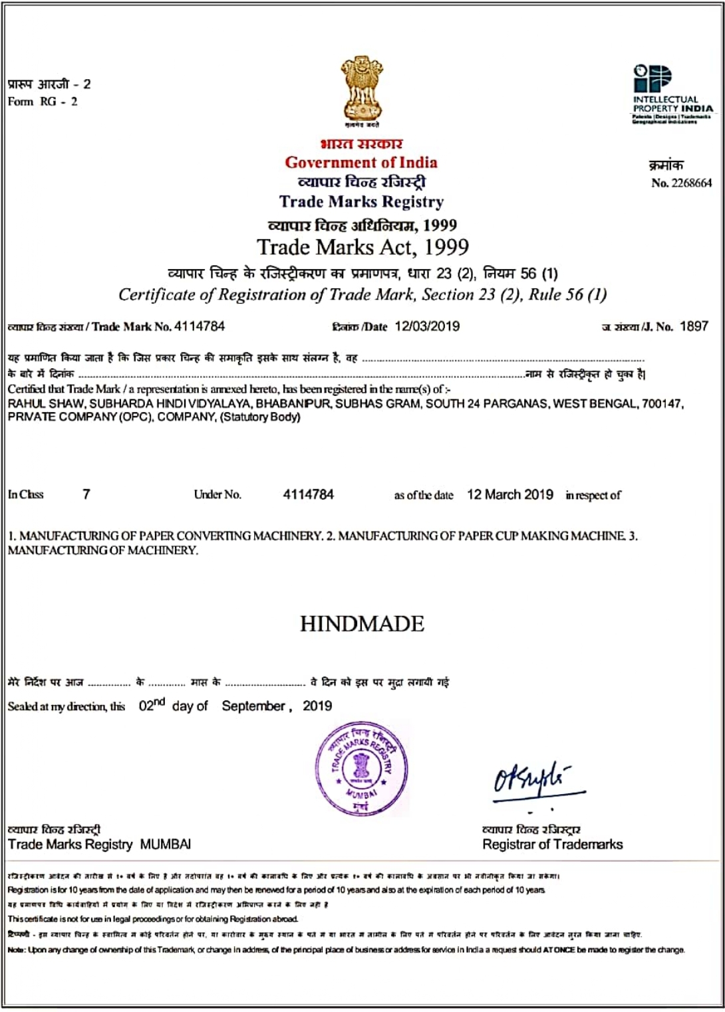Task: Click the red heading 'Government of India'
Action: point(361,163)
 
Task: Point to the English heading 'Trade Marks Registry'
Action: point(361,202)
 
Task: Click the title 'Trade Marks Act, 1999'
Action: point(362,247)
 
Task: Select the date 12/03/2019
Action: point(427,326)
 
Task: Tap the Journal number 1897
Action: point(694,326)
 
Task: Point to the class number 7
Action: point(86,494)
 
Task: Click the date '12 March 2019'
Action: point(510,494)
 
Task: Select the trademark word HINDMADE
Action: point(362,624)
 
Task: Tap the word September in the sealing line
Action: point(253,706)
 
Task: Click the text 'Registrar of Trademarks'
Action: point(553,845)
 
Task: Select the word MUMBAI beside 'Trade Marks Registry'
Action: point(166,845)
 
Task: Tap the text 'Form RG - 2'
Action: point(43,102)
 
